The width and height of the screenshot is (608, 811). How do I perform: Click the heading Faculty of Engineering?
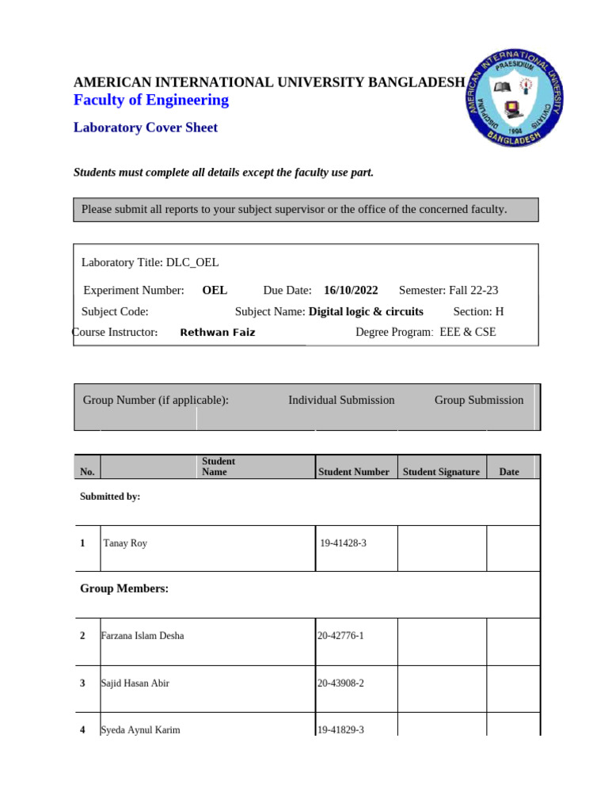[x=150, y=100]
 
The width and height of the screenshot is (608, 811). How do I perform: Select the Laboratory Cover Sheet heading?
[x=145, y=128]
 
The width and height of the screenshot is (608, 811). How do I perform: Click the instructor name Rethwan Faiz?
[x=218, y=333]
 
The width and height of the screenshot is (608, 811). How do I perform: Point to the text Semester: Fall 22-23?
[x=448, y=291]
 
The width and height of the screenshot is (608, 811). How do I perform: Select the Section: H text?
[x=478, y=311]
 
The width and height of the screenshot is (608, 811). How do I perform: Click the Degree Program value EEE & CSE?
[x=467, y=332]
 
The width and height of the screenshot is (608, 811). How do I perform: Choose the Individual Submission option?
[x=341, y=400]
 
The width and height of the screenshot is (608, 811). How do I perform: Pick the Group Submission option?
[x=479, y=400]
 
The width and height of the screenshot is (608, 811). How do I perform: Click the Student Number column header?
[x=353, y=472]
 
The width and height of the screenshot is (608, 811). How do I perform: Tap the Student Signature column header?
[x=441, y=472]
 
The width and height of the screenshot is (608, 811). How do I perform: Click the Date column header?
[x=509, y=472]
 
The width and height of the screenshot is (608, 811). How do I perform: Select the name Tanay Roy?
[x=125, y=543]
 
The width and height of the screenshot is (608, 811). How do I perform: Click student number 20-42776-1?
[x=340, y=636]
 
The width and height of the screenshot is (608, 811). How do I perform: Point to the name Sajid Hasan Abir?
[x=135, y=683]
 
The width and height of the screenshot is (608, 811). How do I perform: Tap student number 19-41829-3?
[x=340, y=730]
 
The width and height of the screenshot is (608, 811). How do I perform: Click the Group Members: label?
[x=124, y=588]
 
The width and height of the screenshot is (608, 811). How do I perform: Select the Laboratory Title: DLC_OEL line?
[x=150, y=262]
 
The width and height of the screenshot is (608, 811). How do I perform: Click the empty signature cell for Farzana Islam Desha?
[x=441, y=642]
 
